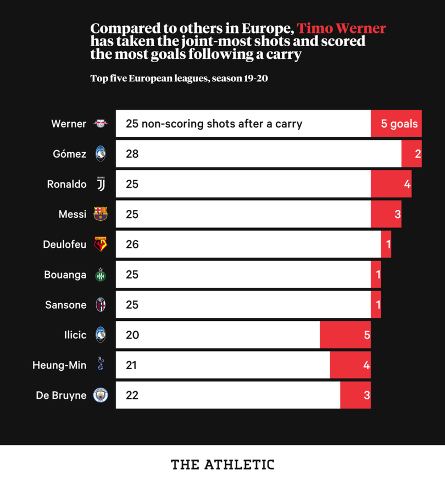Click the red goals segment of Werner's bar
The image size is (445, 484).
pyautogui.click(x=396, y=124)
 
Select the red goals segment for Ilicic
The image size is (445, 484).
pyautogui.click(x=345, y=335)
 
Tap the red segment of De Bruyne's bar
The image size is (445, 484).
pyautogui.click(x=355, y=395)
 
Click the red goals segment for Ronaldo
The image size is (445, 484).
pyautogui.click(x=391, y=184)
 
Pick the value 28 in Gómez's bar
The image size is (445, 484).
pyautogui.click(x=132, y=154)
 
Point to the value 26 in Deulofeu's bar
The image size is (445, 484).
pyautogui.click(x=132, y=244)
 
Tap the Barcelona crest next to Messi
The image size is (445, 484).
pyautogui.click(x=101, y=214)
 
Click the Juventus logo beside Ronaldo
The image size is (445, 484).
pyautogui.click(x=101, y=184)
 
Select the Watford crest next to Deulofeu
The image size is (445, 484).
pyautogui.click(x=101, y=244)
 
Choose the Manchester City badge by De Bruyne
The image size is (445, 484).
pyautogui.click(x=101, y=395)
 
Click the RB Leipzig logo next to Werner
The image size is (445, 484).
pyautogui.click(x=101, y=124)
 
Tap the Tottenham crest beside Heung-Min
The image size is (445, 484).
pyautogui.click(x=101, y=365)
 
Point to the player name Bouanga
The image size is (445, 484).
pyautogui.click(x=65, y=275)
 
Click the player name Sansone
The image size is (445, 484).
pyautogui.click(x=66, y=304)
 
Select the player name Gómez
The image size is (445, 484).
pyautogui.click(x=70, y=154)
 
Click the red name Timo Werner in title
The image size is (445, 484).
pyautogui.click(x=341, y=29)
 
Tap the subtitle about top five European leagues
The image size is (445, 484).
pyautogui.click(x=179, y=79)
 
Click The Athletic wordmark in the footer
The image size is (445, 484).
pyautogui.click(x=222, y=465)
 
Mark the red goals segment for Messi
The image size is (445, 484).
pyautogui.click(x=386, y=214)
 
